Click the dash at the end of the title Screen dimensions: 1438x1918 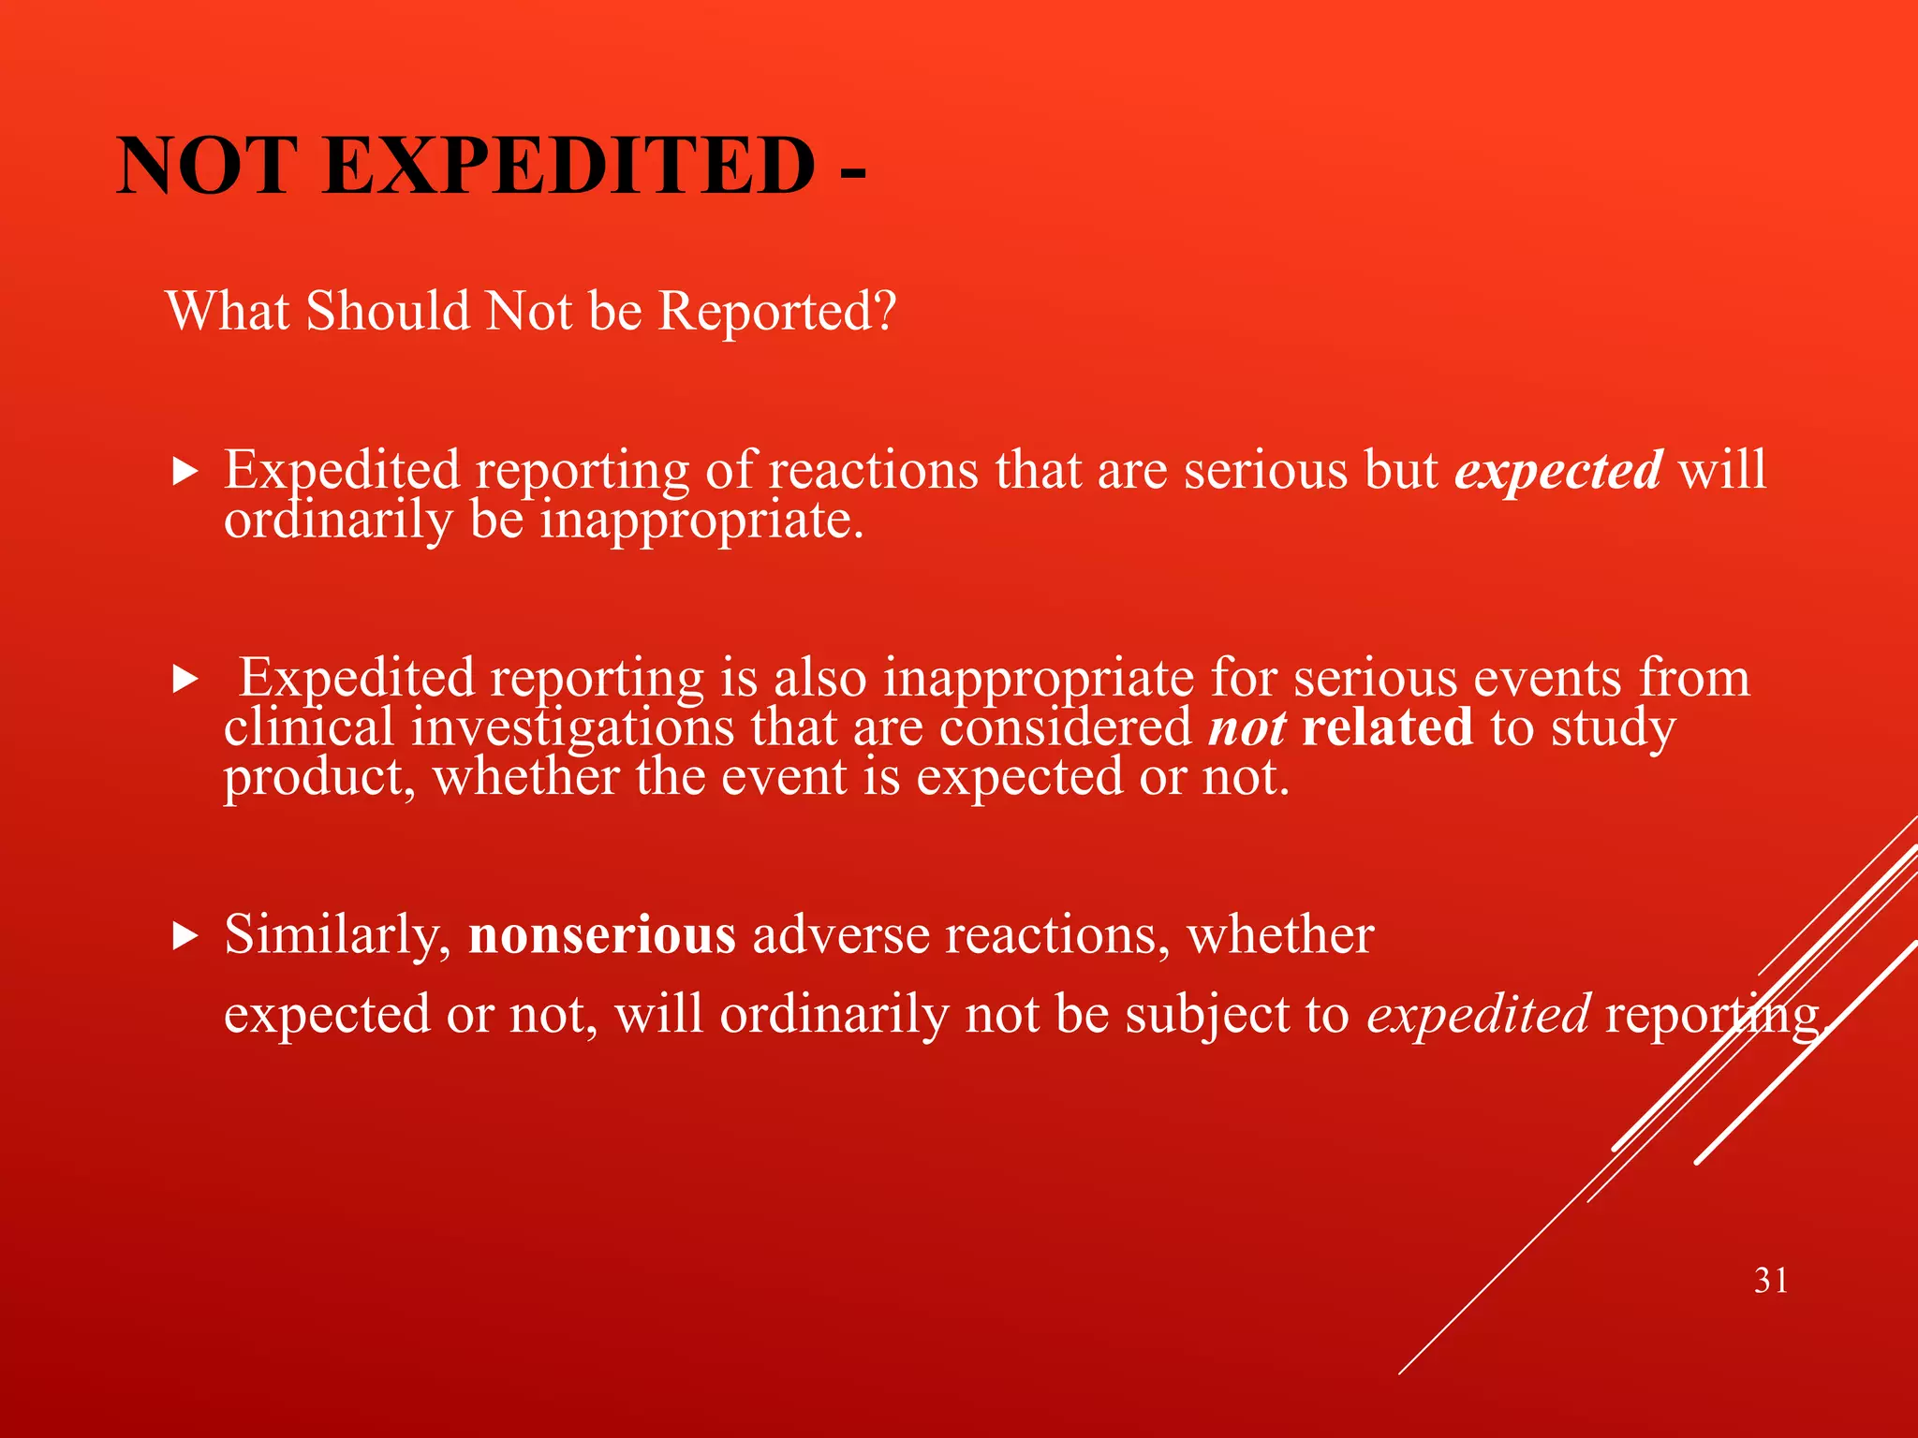pyautogui.click(x=852, y=171)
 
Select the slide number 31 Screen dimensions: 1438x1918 pyautogui.click(x=1771, y=1280)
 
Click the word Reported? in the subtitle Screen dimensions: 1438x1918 pyautogui.click(x=777, y=311)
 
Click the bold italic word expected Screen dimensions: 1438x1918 pyautogui.click(x=1558, y=471)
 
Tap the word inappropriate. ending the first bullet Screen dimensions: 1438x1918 pyautogui.click(x=701, y=520)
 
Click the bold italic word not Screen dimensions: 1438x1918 pyautogui.click(x=1247, y=728)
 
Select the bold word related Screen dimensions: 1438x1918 pyautogui.click(x=1387, y=727)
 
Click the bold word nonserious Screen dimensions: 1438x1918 pyautogui.click(x=602, y=934)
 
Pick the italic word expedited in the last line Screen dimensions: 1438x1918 pyautogui.click(x=1478, y=1014)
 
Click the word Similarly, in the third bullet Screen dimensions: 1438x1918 pyautogui.click(x=338, y=934)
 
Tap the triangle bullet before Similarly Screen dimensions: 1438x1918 pyautogui.click(x=185, y=935)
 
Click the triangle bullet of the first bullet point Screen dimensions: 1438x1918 pyautogui.click(x=185, y=471)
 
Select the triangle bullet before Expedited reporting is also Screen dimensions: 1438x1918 pyautogui.click(x=185, y=680)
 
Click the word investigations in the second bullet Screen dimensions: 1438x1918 pyautogui.click(x=573, y=728)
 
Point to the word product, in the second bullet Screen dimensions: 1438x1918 pyautogui.click(x=318, y=778)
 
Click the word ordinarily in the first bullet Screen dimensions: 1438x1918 pyautogui.click(x=338, y=520)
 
